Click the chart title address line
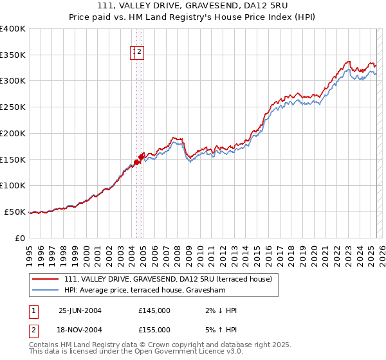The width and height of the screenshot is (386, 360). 193,6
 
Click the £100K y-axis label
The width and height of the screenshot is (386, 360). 13,186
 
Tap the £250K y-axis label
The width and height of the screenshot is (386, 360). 13,107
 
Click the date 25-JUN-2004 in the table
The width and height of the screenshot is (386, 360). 80,310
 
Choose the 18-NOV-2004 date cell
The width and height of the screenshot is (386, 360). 80,329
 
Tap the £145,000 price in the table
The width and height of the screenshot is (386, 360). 154,310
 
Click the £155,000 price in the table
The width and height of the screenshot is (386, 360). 154,329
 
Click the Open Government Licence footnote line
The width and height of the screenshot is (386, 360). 136,352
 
